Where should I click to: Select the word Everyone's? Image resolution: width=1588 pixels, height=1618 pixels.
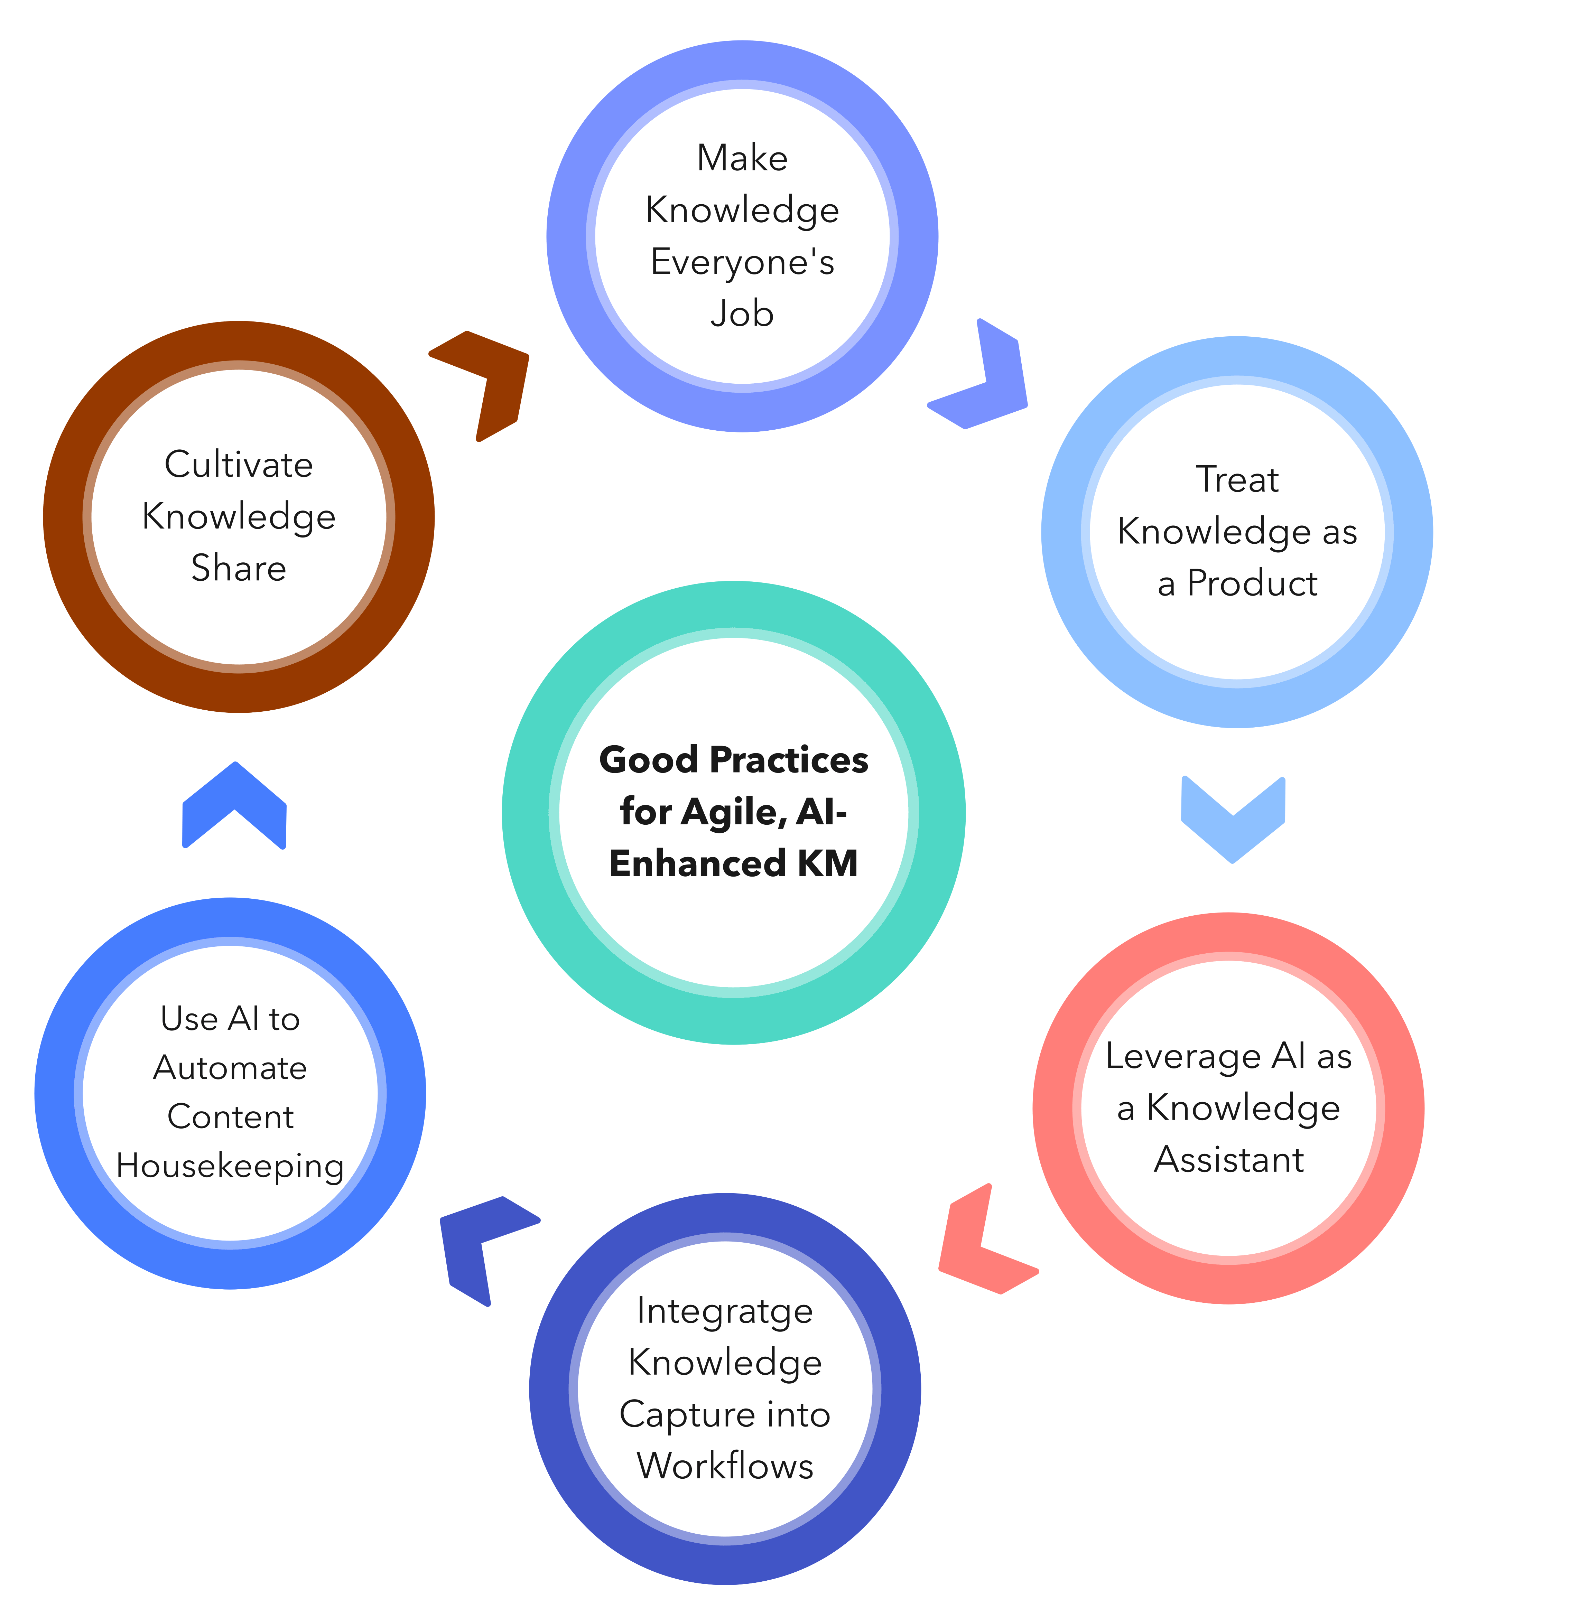pyautogui.click(x=742, y=262)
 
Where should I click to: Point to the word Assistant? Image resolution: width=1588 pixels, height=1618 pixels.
pyautogui.click(x=1228, y=1159)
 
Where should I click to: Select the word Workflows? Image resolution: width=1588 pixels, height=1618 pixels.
pyautogui.click(x=725, y=1465)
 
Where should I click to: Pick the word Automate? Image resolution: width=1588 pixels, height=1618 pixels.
pyautogui.click(x=230, y=1067)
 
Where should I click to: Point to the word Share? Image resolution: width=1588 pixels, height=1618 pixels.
pyautogui.click(x=239, y=568)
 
